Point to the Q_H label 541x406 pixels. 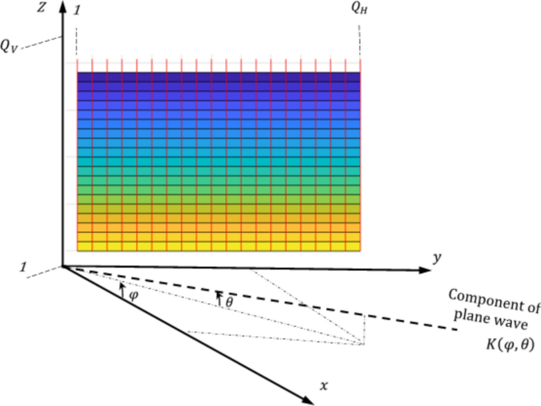pos(359,9)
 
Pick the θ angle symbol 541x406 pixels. pos(229,301)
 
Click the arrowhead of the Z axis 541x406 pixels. pos(62,7)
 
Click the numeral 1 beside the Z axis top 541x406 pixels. pos(76,10)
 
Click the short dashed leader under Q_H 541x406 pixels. pos(359,36)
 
